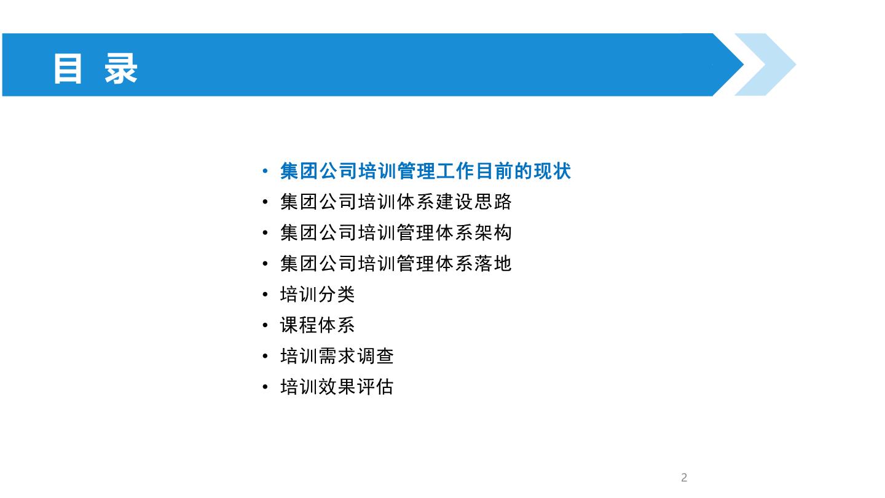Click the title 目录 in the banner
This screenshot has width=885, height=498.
[x=95, y=69]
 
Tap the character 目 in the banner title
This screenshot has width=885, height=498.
[x=68, y=69]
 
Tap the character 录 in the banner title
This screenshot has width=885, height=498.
[x=120, y=69]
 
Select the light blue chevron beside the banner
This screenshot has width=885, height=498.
[x=765, y=65]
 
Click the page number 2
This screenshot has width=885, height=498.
[x=684, y=478]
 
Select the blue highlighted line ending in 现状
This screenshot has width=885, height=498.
[x=425, y=171]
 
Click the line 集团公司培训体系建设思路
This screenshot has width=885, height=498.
[x=396, y=202]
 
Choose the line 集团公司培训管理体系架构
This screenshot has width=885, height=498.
[x=396, y=233]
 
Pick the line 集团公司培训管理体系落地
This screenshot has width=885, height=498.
[x=396, y=264]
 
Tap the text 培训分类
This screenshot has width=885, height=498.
[x=317, y=294]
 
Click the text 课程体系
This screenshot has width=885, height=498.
[x=317, y=325]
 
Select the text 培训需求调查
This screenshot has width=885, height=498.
[x=337, y=356]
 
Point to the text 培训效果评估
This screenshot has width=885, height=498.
[x=337, y=387]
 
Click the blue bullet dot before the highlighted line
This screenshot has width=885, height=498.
[x=265, y=171]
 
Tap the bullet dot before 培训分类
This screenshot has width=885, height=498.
[x=265, y=294]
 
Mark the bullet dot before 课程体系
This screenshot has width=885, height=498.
[x=265, y=325]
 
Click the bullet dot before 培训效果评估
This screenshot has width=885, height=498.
[x=265, y=387]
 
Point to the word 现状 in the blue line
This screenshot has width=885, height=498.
[x=552, y=171]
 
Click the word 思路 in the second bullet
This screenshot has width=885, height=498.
[x=493, y=202]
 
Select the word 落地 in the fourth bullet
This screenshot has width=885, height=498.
[x=493, y=264]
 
